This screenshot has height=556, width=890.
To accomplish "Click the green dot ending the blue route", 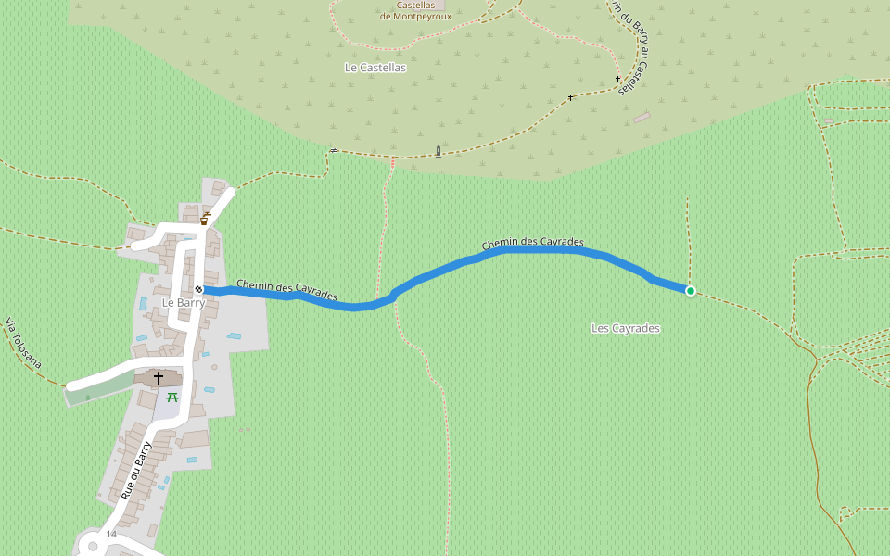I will click(x=691, y=291).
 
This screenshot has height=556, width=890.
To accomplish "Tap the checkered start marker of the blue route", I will click(x=198, y=290).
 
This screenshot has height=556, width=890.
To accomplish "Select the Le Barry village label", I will click(x=183, y=303).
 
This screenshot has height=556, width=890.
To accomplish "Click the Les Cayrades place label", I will click(x=626, y=328).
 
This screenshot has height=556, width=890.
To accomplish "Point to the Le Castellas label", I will click(x=375, y=68).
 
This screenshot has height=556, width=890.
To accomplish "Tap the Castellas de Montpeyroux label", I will click(x=415, y=10).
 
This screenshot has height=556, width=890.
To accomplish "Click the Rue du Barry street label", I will click(x=135, y=470).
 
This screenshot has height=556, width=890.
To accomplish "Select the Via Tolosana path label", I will click(x=23, y=343).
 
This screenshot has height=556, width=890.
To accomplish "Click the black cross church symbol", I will click(x=158, y=378).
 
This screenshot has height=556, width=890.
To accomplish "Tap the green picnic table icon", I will click(x=172, y=397).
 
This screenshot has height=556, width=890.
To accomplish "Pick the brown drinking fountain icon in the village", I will click(x=204, y=220).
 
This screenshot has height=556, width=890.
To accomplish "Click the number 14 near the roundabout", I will click(x=111, y=535).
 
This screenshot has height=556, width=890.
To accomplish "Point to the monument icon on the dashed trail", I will click(x=439, y=150).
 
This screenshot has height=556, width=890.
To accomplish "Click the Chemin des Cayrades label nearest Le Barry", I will click(x=286, y=290).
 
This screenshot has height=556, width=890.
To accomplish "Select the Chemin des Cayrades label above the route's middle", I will click(x=532, y=243).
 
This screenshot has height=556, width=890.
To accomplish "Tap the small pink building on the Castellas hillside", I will click(x=642, y=118).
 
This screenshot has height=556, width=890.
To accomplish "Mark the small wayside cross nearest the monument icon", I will click(x=570, y=97).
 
